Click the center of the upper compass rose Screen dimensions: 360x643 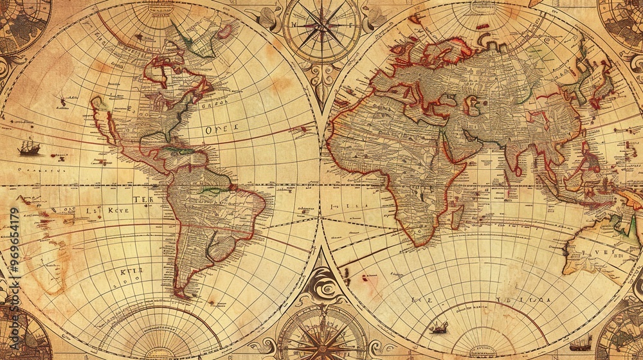[322, 28]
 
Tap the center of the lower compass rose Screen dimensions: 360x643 [322, 337]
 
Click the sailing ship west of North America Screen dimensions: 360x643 [29, 148]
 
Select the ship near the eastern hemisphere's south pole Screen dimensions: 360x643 [439, 328]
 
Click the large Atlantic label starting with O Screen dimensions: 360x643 [221, 129]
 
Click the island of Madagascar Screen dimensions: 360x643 [458, 217]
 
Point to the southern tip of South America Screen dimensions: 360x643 [182, 296]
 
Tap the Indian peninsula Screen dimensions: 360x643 [514, 161]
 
